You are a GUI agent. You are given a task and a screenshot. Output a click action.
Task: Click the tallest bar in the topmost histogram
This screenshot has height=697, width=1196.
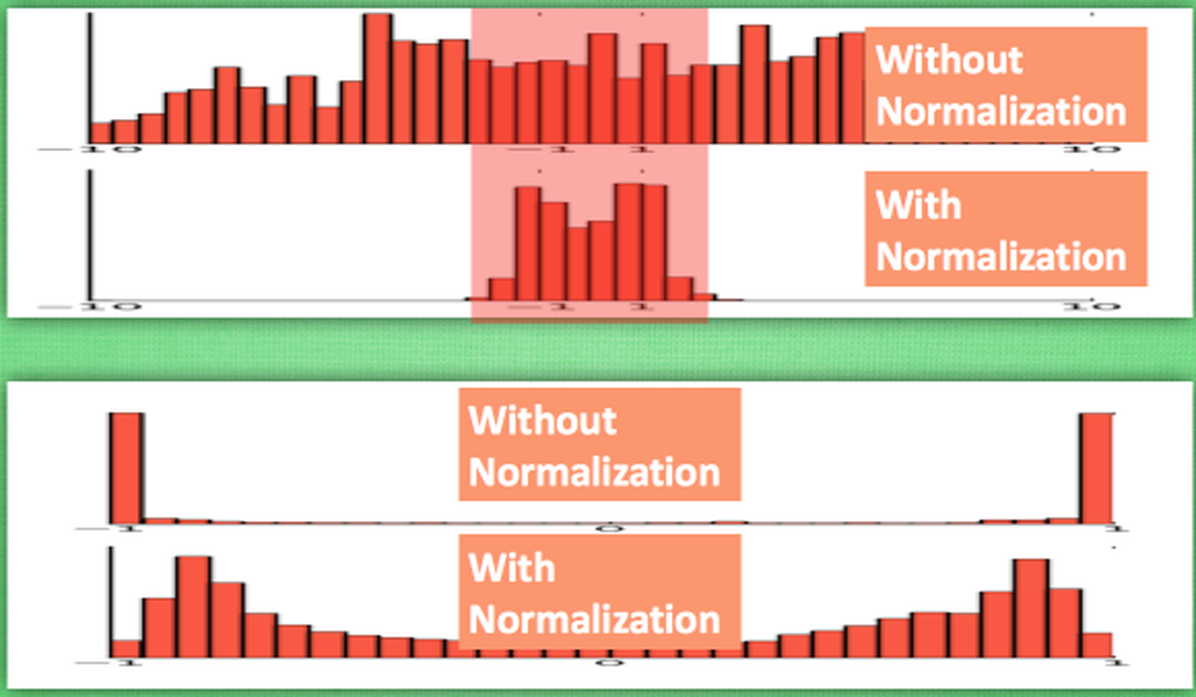(377, 79)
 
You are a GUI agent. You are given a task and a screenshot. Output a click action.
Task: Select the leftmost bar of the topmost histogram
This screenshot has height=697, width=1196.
(100, 133)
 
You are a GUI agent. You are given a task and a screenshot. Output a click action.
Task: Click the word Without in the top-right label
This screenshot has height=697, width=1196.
(948, 60)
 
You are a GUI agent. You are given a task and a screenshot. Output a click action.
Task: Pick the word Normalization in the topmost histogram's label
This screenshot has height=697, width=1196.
(1001, 111)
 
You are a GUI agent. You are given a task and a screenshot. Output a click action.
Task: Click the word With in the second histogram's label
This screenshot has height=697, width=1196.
(918, 204)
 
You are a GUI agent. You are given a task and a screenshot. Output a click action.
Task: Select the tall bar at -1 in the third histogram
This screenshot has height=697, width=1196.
(127, 468)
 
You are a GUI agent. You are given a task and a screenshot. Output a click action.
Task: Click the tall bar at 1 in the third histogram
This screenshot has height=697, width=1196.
(1096, 468)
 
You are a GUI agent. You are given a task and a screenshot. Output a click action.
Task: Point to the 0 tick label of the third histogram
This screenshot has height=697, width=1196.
(609, 528)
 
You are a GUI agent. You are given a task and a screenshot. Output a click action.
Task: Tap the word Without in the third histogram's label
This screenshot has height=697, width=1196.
(542, 420)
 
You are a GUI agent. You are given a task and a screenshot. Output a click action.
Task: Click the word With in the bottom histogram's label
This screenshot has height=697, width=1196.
(512, 568)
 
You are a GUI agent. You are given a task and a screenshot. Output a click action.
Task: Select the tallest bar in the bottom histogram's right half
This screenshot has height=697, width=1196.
(1031, 611)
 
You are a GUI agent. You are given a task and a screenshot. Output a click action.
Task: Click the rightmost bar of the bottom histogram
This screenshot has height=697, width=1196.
(1097, 647)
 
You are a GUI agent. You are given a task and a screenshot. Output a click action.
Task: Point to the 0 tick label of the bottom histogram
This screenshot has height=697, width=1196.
(609, 663)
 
